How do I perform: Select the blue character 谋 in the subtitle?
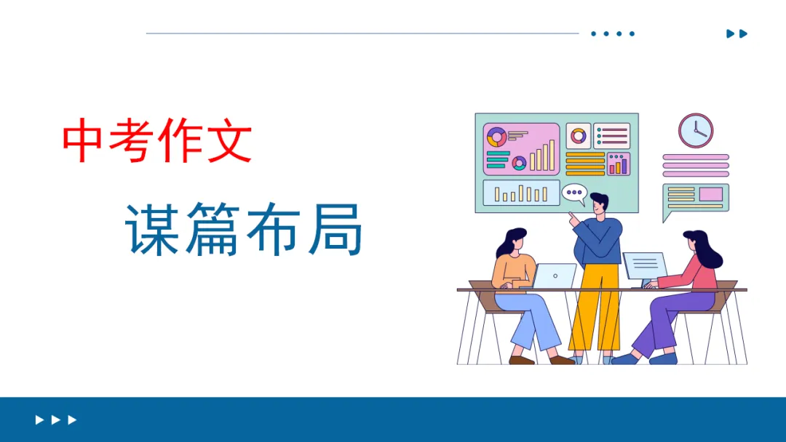(x=152, y=229)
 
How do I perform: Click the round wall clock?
(x=696, y=131)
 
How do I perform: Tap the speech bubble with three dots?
(x=573, y=193)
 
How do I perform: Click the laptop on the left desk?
(x=555, y=276)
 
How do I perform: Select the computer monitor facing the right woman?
(x=644, y=266)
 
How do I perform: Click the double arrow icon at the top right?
(x=737, y=33)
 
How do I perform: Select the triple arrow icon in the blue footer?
(x=56, y=419)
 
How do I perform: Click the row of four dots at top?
(x=613, y=33)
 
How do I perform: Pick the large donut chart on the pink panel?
(x=497, y=136)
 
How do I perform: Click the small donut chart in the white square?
(x=579, y=136)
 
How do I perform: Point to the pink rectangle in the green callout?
(x=710, y=194)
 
